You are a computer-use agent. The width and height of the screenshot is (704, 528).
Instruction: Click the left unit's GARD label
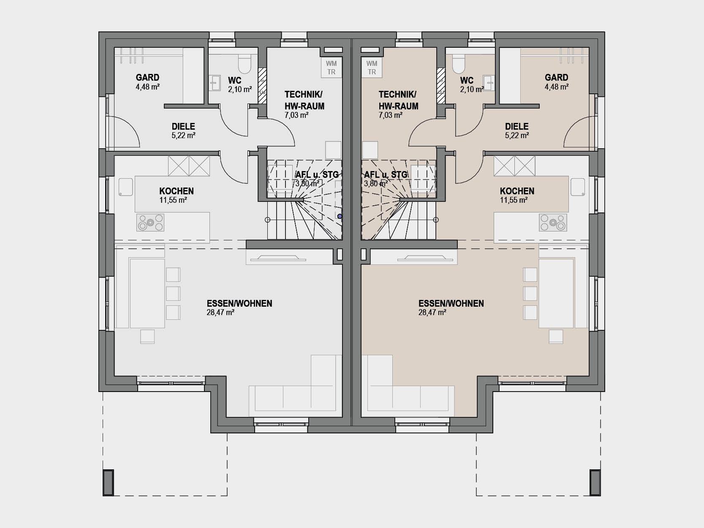[147, 78]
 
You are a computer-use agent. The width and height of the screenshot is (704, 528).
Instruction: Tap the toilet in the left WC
[245, 64]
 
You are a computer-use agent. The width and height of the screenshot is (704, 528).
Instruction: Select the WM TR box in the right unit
[372, 68]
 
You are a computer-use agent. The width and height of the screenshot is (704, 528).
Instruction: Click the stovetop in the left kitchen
[150, 223]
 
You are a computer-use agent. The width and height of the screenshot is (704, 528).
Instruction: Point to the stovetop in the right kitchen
[553, 223]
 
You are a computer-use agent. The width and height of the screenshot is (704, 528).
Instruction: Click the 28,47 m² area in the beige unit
[432, 313]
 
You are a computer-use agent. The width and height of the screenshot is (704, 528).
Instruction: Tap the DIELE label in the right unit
[516, 126]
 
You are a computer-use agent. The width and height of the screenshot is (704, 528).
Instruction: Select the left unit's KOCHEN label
[177, 191]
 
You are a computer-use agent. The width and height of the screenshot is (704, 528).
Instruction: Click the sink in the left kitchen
[126, 187]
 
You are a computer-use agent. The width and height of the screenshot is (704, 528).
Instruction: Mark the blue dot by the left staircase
[340, 217]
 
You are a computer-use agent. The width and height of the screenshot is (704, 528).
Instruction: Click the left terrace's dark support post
[108, 483]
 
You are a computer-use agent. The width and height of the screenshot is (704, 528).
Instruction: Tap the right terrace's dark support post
[595, 483]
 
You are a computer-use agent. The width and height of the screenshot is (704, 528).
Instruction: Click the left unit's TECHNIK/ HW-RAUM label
[304, 100]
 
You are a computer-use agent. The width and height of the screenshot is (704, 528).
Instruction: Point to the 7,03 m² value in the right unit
[391, 115]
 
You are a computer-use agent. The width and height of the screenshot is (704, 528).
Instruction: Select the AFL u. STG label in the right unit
[386, 175]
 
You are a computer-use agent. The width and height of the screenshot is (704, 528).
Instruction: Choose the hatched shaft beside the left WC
[262, 86]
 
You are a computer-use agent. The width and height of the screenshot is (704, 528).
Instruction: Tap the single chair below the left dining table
[147, 337]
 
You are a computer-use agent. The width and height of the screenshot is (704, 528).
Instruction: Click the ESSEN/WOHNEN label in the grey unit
[239, 303]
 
